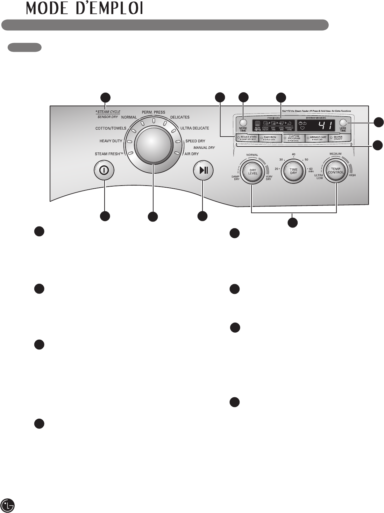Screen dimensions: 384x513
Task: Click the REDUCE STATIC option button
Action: (248, 138)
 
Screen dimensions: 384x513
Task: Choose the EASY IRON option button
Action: (270, 138)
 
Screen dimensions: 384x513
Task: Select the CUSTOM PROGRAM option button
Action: (293, 138)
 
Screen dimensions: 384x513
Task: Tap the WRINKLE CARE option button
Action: (317, 138)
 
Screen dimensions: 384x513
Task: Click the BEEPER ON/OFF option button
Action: (340, 138)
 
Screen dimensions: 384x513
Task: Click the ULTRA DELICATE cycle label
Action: (194, 128)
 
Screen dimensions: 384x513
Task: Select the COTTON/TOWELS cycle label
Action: (111, 128)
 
